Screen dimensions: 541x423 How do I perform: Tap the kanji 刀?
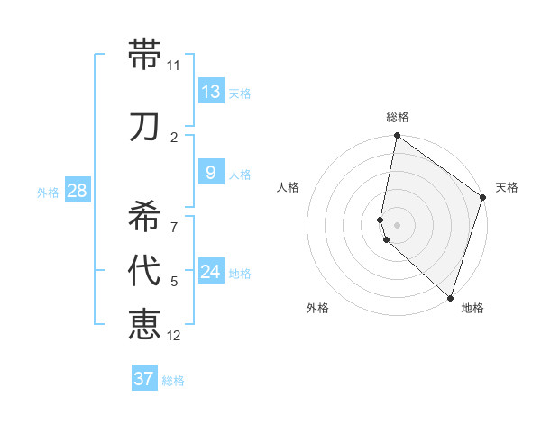pos(144,127)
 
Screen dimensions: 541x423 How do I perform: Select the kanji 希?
pos(144,215)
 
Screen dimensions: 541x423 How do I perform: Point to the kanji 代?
pos(144,271)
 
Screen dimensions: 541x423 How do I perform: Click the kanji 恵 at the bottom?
pos(144,323)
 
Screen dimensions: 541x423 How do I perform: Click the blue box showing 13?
pos(211,92)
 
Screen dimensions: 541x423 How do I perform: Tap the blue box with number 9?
pos(211,173)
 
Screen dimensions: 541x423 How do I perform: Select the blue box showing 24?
pos(211,272)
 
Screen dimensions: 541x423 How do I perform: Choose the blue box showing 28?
pos(77,191)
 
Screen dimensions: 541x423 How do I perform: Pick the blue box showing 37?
pos(144,379)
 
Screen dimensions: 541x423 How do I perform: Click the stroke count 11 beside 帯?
pos(174,66)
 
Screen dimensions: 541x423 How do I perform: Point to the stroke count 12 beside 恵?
pos(174,336)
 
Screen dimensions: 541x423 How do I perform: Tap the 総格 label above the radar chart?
pos(397,117)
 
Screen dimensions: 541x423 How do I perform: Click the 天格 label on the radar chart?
pos(507,187)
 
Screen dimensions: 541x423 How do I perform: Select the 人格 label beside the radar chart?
pos(288,187)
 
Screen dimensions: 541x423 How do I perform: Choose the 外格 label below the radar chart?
pos(317,308)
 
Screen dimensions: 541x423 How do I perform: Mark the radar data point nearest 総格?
pos(397,136)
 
